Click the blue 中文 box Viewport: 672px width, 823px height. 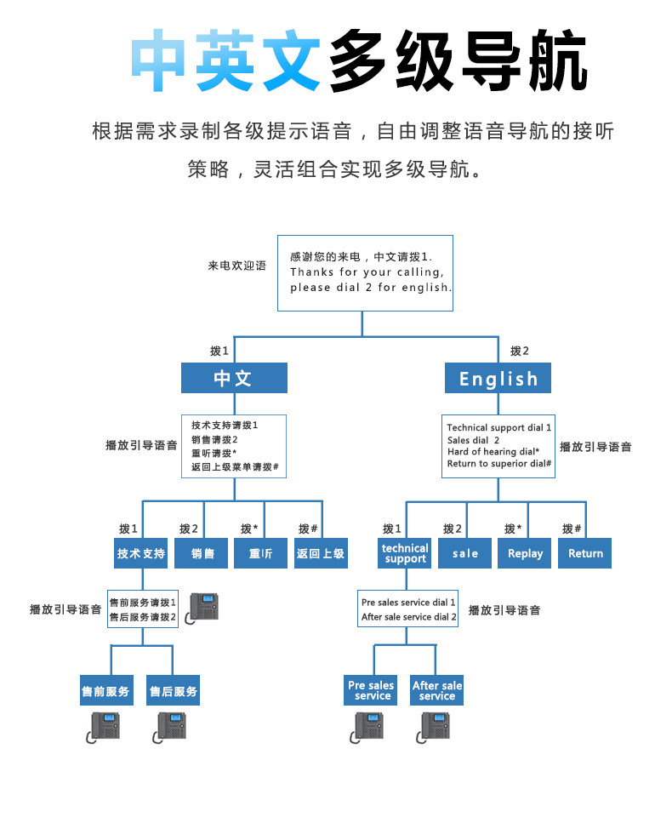tap(234, 378)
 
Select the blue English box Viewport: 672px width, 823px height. tap(498, 378)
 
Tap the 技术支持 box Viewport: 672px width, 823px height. tap(141, 553)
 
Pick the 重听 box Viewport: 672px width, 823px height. tap(261, 553)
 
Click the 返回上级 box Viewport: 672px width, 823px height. tap(321, 553)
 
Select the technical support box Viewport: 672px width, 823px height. tap(405, 553)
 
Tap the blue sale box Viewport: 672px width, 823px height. tap(465, 553)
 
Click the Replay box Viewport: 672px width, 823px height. tap(525, 553)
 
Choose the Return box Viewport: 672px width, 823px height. tap(585, 553)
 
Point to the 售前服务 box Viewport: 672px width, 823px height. tap(106, 691)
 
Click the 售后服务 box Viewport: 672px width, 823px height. tap(174, 691)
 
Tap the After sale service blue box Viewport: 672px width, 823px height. tap(437, 690)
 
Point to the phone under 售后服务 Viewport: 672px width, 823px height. tap(173, 726)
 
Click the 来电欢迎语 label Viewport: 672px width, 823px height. tap(236, 266)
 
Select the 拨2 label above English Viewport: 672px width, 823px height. tap(519, 351)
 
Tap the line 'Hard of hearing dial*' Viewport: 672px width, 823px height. tap(493, 452)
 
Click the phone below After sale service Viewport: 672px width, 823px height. tap(436, 726)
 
